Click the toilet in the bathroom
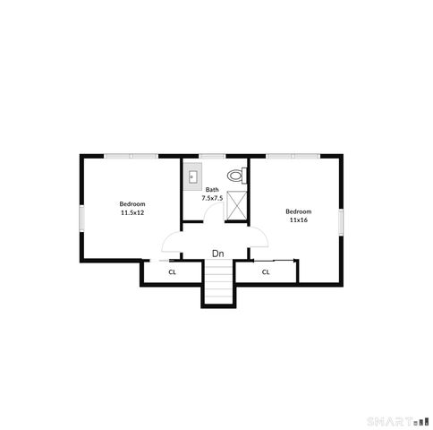236,175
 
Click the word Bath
212,190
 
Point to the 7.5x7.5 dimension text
212,198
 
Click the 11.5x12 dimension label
132,212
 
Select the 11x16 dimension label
298,219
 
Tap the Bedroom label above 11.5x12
132,204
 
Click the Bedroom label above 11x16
298,211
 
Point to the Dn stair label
217,254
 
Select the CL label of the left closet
172,271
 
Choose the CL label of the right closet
266,271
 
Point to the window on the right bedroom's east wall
340,221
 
